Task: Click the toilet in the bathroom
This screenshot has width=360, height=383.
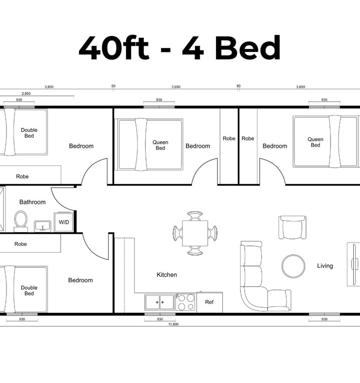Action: click(21, 221)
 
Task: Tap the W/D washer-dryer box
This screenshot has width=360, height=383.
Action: click(64, 222)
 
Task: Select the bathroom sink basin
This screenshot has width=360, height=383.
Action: click(43, 226)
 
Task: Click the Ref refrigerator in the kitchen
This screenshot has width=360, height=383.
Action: click(210, 302)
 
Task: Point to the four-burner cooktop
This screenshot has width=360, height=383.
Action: click(186, 302)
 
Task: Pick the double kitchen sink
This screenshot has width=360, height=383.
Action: click(159, 302)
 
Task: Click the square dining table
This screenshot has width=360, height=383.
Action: click(195, 233)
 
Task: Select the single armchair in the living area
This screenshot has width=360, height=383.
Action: click(292, 227)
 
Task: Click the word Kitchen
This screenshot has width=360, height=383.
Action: click(167, 275)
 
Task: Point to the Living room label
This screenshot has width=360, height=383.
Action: click(325, 266)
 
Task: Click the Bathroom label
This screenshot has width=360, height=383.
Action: click(32, 202)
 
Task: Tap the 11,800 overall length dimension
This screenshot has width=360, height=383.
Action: click(173, 324)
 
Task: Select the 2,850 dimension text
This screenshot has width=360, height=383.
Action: click(26, 94)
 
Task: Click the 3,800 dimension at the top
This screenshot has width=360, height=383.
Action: click(49, 87)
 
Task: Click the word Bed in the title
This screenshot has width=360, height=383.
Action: click(247, 48)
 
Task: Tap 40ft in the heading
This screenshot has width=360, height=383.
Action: click(114, 48)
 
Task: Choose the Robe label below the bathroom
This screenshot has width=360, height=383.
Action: click(21, 244)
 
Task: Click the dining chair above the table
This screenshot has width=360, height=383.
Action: click(195, 216)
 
